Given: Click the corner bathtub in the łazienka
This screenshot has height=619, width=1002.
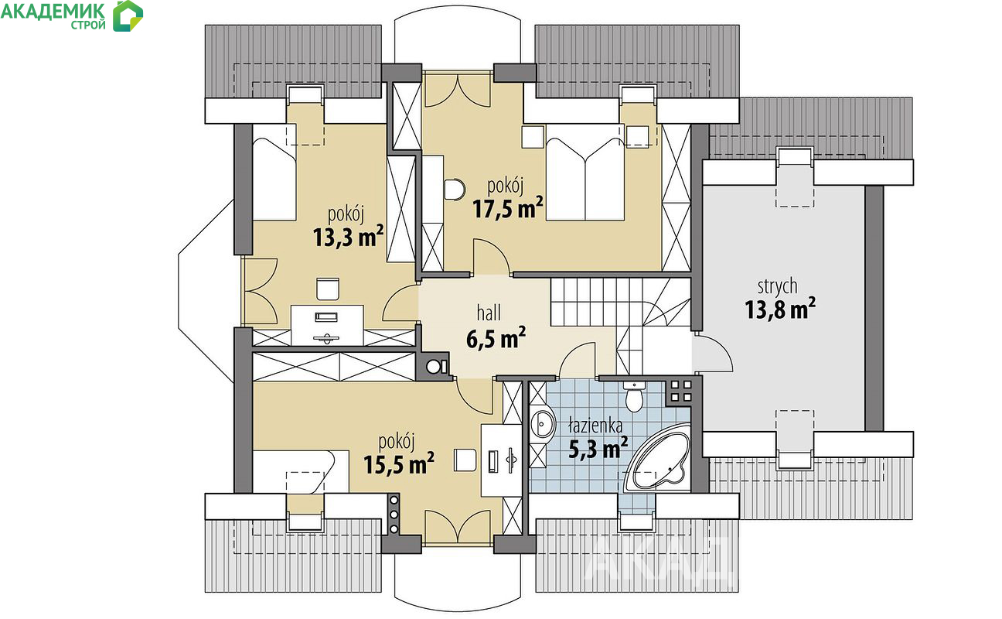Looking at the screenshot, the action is pos(657,457).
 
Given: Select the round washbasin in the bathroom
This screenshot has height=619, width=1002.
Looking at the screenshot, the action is pos(543,423).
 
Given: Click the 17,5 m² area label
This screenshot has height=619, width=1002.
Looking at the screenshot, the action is pos(508,209).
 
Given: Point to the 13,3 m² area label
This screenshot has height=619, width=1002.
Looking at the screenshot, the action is pos(348,238).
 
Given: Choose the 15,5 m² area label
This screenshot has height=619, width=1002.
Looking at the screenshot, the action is pos(399,464).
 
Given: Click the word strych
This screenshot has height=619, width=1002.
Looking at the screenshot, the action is pos(778,286).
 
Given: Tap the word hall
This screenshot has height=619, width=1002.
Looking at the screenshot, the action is pos(489,313).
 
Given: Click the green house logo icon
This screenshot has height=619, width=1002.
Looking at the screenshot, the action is pos(128,16).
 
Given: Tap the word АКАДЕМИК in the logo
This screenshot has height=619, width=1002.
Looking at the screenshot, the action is pos(53,11).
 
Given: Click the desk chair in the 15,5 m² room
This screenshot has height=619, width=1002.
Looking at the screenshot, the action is pos(465,460).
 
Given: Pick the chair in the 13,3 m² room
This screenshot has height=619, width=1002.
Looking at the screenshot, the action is pos(328,289).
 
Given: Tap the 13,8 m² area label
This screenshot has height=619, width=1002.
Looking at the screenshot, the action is pos(780,309).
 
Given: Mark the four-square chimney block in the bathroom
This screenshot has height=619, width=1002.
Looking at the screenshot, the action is pos(680,391).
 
